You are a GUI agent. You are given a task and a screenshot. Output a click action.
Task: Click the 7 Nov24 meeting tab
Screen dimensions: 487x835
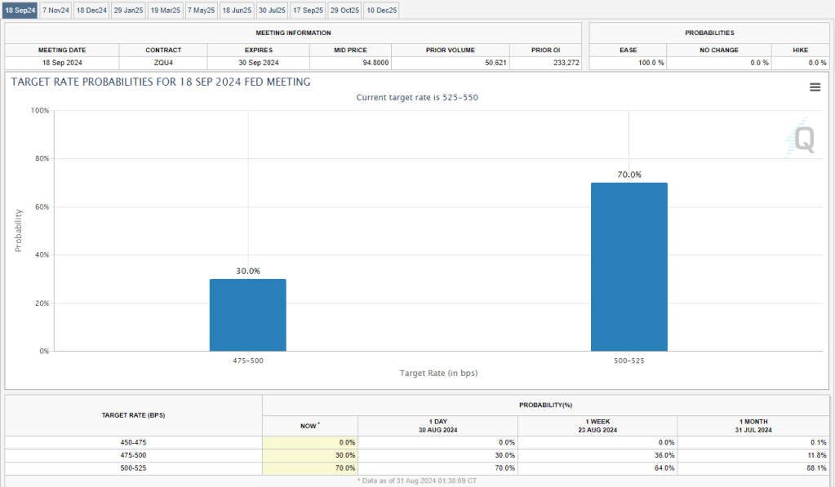tap(56, 10)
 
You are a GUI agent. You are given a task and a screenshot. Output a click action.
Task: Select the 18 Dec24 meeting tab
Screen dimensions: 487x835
tap(91, 10)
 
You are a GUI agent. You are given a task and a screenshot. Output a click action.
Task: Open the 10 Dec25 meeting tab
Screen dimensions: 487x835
tap(380, 10)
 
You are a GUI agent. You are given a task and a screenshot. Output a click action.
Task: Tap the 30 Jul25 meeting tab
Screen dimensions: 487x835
tap(272, 10)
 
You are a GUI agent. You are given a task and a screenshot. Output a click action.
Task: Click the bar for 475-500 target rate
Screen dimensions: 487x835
tap(247, 315)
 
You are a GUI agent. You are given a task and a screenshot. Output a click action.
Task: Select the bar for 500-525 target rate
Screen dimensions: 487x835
tap(628, 267)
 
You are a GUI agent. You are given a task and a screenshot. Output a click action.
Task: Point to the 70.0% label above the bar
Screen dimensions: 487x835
tap(628, 175)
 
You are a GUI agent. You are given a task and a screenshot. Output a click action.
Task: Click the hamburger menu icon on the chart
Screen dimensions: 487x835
tap(815, 87)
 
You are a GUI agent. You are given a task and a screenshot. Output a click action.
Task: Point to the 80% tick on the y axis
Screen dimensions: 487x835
tap(40, 158)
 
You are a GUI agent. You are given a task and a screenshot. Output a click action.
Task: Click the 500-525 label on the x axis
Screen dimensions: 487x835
tap(628, 360)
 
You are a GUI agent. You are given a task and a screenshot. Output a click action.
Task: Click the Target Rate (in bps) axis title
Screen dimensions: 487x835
tap(438, 374)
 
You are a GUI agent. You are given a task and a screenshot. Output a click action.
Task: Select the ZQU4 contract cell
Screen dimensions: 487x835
tap(162, 63)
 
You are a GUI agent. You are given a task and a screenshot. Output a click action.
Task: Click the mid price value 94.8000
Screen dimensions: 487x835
tap(372, 63)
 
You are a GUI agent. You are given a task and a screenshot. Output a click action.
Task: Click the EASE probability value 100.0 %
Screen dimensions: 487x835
tap(651, 63)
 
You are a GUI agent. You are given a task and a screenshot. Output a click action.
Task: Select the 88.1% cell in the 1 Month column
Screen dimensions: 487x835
tap(815, 467)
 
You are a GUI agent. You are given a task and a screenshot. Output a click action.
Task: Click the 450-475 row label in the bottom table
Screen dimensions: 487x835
tap(134, 442)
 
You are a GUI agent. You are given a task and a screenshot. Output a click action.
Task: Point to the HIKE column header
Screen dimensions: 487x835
tap(800, 51)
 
